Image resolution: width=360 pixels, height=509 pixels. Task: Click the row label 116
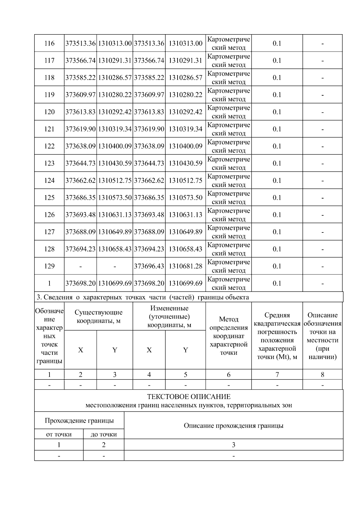pyautogui.click(x=49, y=43)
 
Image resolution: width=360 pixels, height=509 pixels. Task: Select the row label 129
pyautogui.click(x=49, y=266)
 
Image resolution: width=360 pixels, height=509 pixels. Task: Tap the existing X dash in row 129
pyautogui.click(x=80, y=266)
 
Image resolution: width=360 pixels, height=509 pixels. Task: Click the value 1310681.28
pyautogui.click(x=185, y=266)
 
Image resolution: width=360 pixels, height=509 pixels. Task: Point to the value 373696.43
pyautogui.click(x=149, y=266)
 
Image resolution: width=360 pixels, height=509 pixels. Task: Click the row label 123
pyautogui.click(x=49, y=163)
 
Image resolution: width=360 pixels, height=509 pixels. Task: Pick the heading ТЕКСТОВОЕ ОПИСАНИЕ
pyautogui.click(x=189, y=397)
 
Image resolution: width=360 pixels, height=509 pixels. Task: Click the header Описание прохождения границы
pyautogui.click(x=233, y=426)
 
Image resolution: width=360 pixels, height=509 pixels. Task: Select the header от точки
pyautogui.click(x=59, y=434)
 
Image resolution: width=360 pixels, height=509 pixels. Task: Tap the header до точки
pyautogui.click(x=103, y=434)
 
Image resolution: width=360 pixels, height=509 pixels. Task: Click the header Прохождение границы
pyautogui.click(x=79, y=421)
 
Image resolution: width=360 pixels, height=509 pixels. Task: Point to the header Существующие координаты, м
pyautogui.click(x=98, y=316)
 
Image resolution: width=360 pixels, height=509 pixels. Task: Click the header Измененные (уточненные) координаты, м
pyautogui.click(x=169, y=316)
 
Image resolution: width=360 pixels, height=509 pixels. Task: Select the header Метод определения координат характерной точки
pyautogui.click(x=229, y=336)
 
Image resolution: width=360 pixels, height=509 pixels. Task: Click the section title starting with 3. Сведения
pyautogui.click(x=143, y=297)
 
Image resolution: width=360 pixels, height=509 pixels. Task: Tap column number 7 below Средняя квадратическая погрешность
pyautogui.click(x=277, y=375)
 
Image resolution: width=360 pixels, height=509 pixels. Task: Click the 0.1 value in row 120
pyautogui.click(x=277, y=112)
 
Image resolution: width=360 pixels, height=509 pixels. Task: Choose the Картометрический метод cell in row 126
pyautogui.click(x=229, y=215)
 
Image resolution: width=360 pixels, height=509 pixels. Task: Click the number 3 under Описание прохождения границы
pyautogui.click(x=233, y=445)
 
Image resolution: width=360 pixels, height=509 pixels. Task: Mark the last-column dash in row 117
pyautogui.click(x=322, y=61)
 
